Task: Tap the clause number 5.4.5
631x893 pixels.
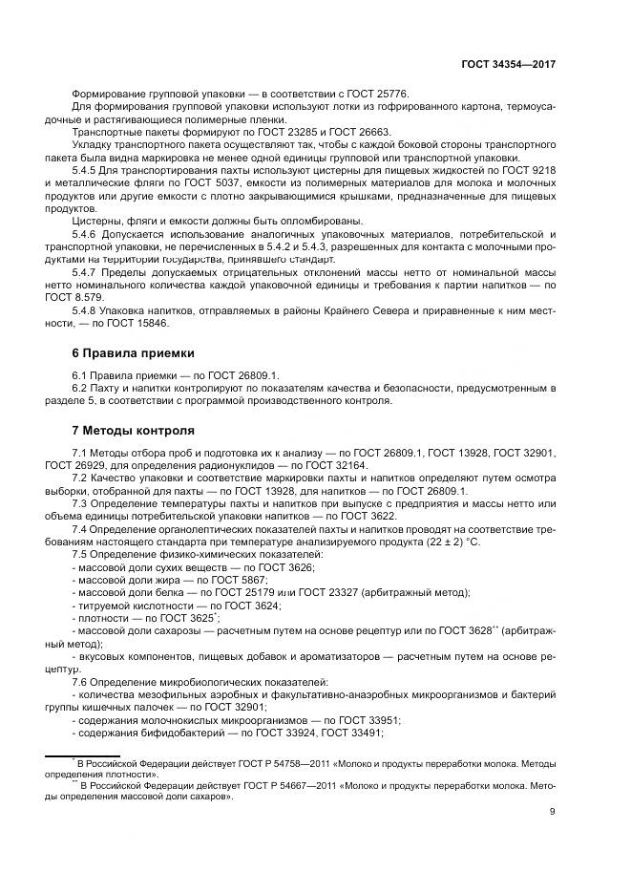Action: (x=85, y=169)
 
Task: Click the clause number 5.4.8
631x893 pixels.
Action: (x=85, y=311)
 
